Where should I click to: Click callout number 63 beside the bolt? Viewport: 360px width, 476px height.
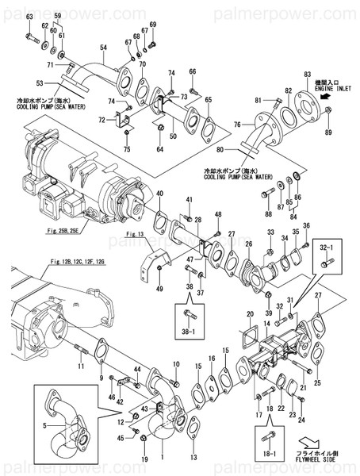tap(29, 17)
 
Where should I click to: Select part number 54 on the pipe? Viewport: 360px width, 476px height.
tap(102, 48)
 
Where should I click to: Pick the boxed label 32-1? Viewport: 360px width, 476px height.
tap(326, 248)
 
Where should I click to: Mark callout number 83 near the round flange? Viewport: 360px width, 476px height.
tap(308, 74)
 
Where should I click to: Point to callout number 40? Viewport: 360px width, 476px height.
tap(159, 194)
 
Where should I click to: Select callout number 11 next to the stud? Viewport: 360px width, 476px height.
tap(80, 367)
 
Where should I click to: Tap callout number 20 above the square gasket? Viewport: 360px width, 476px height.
tap(250, 315)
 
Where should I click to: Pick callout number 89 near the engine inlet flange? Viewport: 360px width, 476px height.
tap(328, 131)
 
